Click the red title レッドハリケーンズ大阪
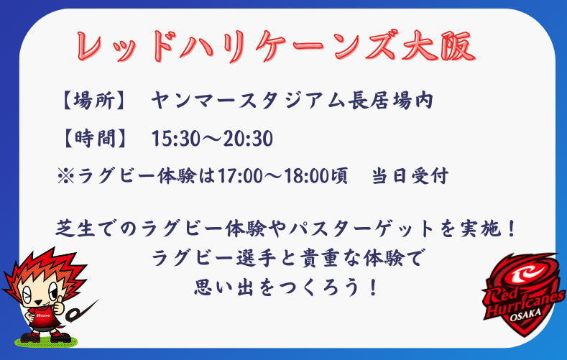(x=276, y=46)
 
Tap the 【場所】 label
(x=94, y=100)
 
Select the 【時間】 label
(x=94, y=138)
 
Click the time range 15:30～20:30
(x=212, y=139)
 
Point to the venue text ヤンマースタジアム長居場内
(x=292, y=100)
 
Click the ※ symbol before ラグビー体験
(x=66, y=176)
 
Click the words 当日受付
(x=410, y=176)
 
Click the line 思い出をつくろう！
(x=286, y=287)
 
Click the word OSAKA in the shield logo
(x=525, y=315)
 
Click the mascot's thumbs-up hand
(x=58, y=307)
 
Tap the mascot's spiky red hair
(x=43, y=267)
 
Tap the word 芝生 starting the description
(x=75, y=229)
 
